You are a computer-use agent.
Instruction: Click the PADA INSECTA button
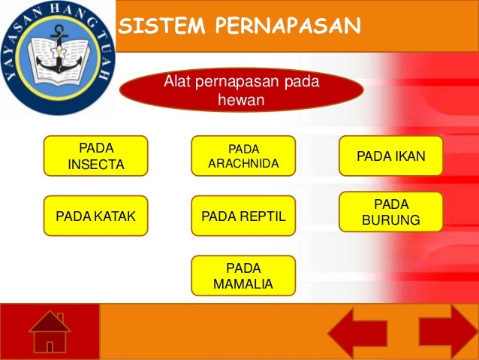tap(96, 156)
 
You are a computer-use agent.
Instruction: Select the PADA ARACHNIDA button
tap(243, 156)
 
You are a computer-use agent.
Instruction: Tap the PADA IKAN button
tap(391, 156)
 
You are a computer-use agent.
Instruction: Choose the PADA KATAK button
tap(96, 217)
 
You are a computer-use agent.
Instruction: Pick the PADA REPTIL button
tap(243, 217)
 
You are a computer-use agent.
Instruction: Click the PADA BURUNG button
tap(391, 212)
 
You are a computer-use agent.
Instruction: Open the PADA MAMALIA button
tap(243, 276)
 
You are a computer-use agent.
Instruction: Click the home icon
tap(50, 331)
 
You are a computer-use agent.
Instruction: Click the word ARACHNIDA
tap(243, 163)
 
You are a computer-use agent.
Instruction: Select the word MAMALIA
tap(243, 284)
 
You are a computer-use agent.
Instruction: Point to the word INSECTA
tap(96, 164)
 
